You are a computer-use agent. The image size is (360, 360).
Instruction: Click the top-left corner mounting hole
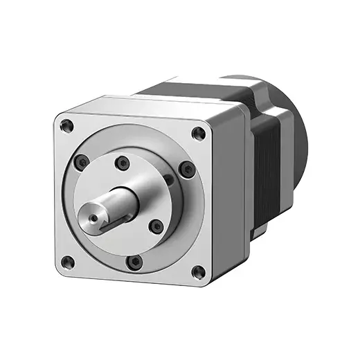(66, 126)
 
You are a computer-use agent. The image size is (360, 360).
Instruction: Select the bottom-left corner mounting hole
(68, 261)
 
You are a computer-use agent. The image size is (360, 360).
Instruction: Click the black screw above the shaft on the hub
(123, 163)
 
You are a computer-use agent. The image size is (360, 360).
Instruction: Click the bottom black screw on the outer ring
(136, 261)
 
